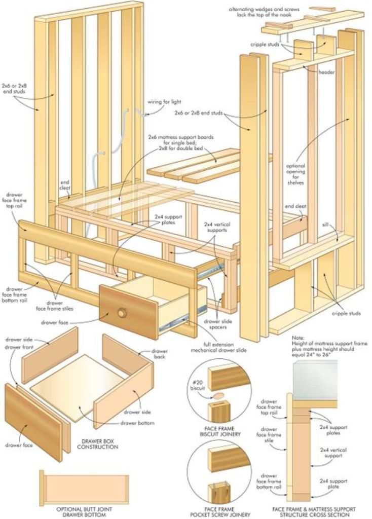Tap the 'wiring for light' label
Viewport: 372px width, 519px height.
pos(164,101)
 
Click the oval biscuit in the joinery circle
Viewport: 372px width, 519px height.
pos(218,395)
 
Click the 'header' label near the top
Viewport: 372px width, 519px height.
pos(326,72)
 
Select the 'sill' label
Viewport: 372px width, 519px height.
pos(325,224)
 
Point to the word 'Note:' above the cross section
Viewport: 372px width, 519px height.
pos(299,337)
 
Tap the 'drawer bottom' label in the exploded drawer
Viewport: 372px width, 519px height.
pos(137,423)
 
